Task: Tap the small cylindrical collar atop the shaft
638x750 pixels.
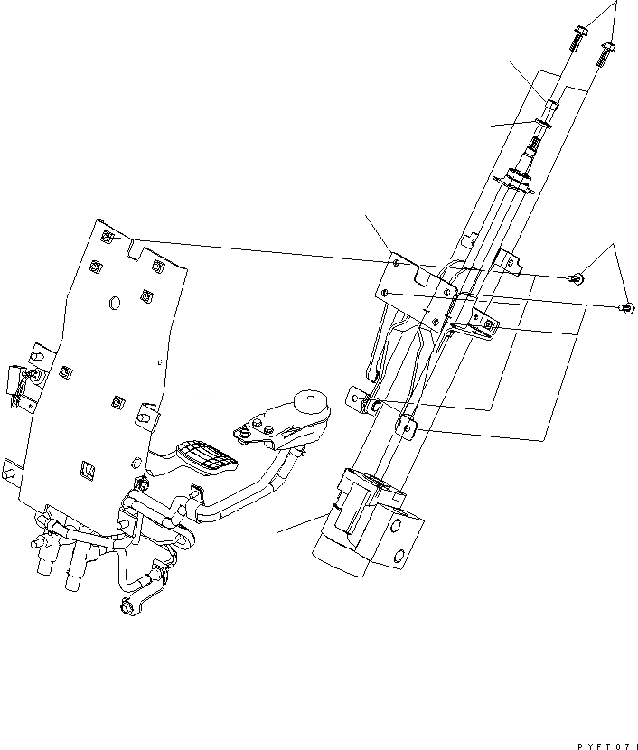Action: pyautogui.click(x=550, y=107)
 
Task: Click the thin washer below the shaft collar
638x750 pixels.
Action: pyautogui.click(x=547, y=123)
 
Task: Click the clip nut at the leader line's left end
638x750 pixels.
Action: pyautogui.click(x=107, y=238)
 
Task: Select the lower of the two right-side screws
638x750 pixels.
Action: pyautogui.click(x=625, y=309)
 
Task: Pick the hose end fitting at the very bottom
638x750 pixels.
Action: pyautogui.click(x=127, y=605)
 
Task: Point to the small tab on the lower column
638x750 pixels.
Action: pyautogui.click(x=407, y=425)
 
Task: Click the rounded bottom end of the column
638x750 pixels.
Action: pyautogui.click(x=339, y=560)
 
